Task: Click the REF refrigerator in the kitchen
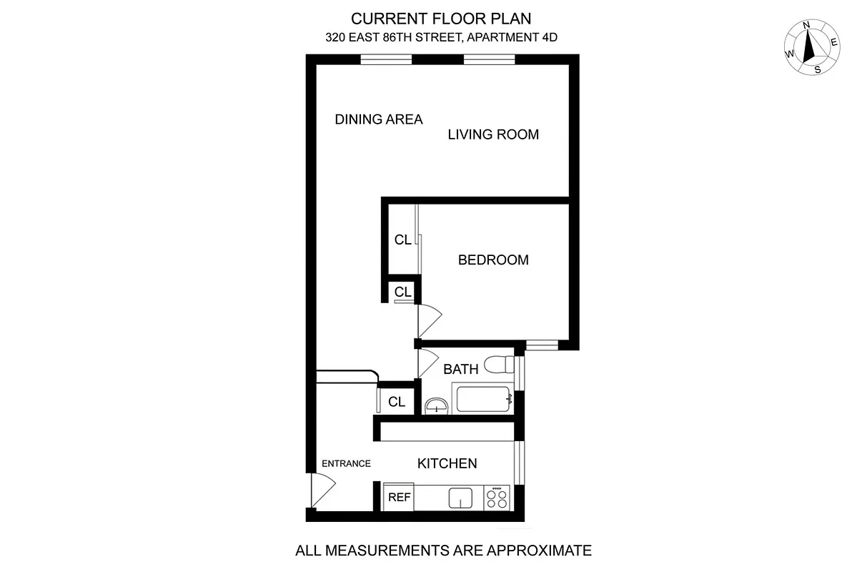pyautogui.click(x=399, y=497)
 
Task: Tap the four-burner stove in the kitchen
pyautogui.click(x=497, y=498)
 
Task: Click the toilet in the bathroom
pyautogui.click(x=498, y=365)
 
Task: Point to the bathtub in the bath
pyautogui.click(x=483, y=399)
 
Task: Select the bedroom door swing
pyautogui.click(x=430, y=318)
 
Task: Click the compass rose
pyautogui.click(x=812, y=48)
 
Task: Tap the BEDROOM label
pyautogui.click(x=493, y=260)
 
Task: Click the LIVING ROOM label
pyautogui.click(x=493, y=134)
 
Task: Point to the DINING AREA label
pyautogui.click(x=379, y=119)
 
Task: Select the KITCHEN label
pyautogui.click(x=447, y=464)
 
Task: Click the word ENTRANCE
pyautogui.click(x=346, y=463)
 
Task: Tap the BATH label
pyautogui.click(x=461, y=370)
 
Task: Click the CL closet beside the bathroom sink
pyautogui.click(x=397, y=403)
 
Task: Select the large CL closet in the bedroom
pyautogui.click(x=402, y=240)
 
